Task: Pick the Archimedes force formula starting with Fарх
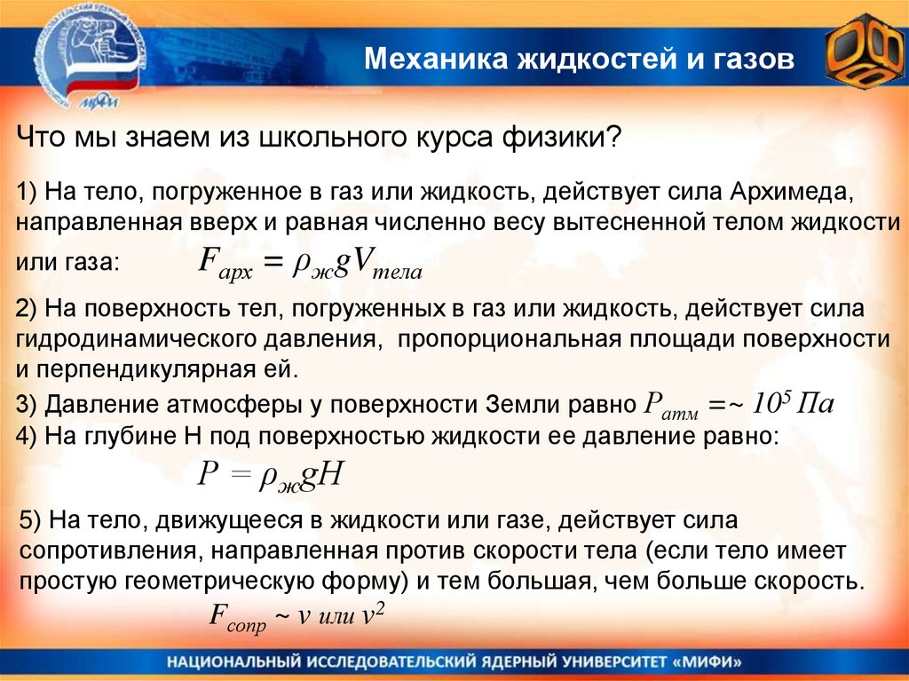pos(310,265)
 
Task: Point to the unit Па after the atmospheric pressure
pos(813,405)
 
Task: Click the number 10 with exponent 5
pos(765,405)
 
